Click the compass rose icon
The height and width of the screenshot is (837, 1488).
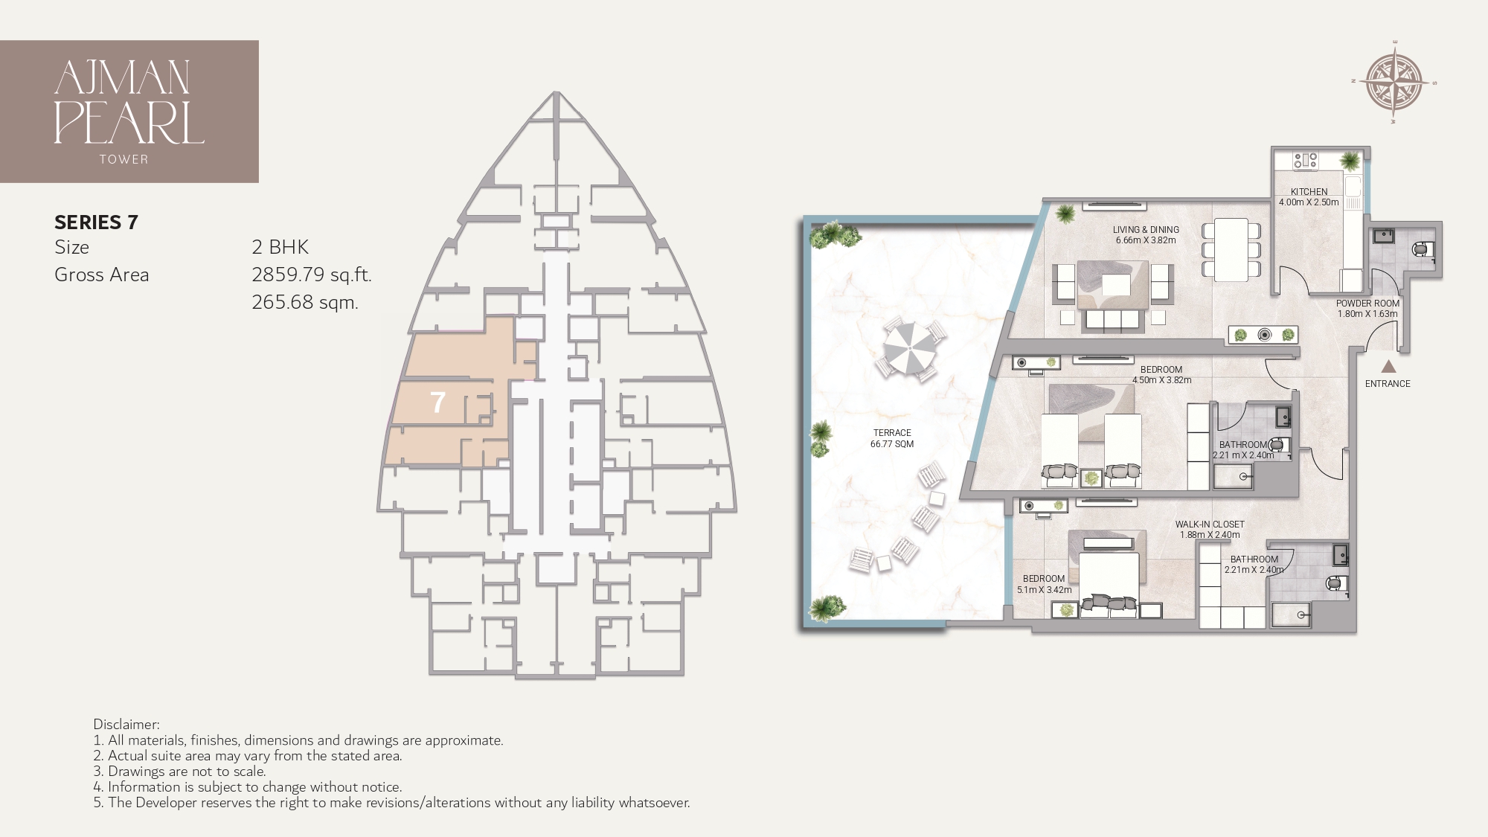1394,83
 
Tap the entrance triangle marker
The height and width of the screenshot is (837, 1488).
1388,366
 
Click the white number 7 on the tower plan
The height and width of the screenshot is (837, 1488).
437,403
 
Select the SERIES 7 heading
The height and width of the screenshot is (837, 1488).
96,222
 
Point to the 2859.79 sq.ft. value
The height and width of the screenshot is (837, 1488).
311,275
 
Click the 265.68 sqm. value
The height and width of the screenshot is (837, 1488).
305,302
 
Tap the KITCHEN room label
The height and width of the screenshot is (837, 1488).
1309,192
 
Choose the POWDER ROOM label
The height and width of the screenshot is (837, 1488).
1367,304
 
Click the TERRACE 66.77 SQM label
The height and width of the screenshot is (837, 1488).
892,438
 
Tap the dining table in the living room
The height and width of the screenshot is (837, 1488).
1231,248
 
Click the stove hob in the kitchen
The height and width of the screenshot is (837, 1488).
1305,160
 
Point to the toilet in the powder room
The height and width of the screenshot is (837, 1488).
1423,250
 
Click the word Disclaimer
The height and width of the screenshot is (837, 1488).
126,724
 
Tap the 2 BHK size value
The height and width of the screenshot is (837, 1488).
280,247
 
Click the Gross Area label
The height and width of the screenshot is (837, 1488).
102,275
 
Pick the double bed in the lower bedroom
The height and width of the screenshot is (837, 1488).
1110,582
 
